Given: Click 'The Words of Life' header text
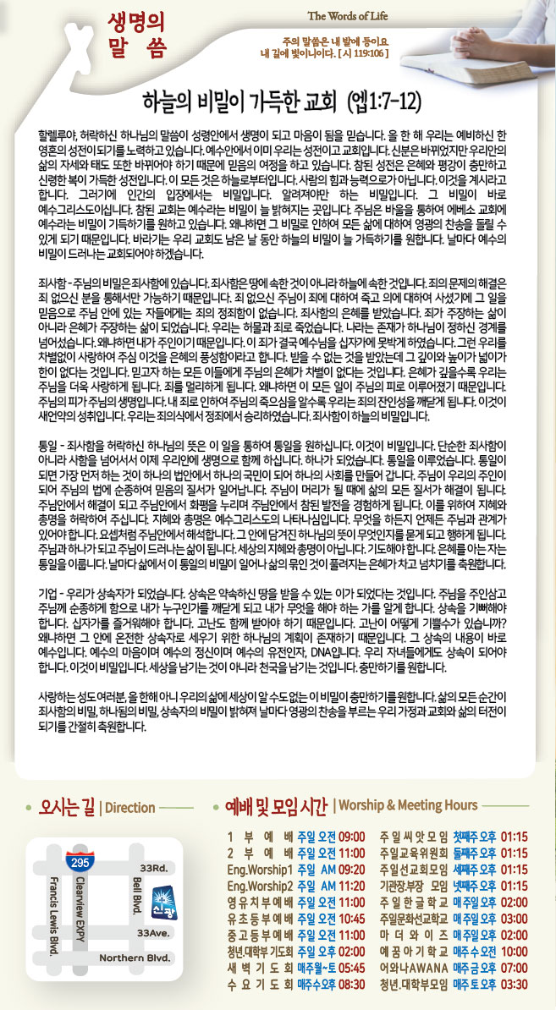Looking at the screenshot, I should (348, 16).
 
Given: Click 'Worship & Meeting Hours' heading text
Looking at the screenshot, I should (405, 804).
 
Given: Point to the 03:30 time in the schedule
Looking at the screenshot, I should (513, 984).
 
